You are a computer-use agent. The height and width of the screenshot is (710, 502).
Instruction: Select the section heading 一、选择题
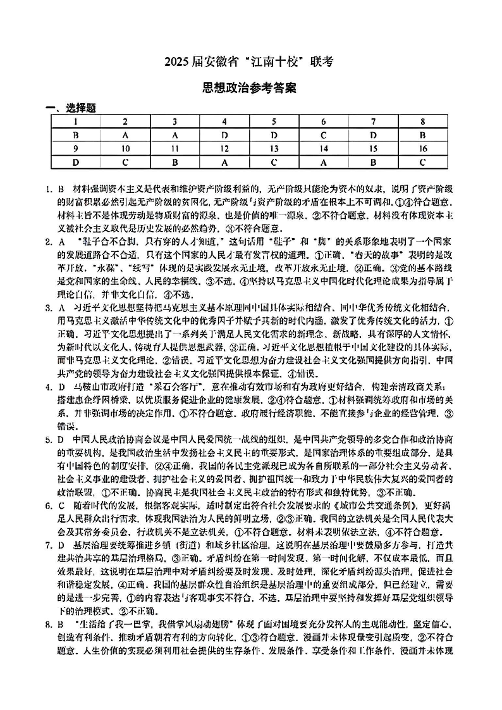coord(70,108)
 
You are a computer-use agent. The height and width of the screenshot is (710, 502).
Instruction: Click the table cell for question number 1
coord(75,121)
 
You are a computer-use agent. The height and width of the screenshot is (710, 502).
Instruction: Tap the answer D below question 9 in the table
coord(75,163)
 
